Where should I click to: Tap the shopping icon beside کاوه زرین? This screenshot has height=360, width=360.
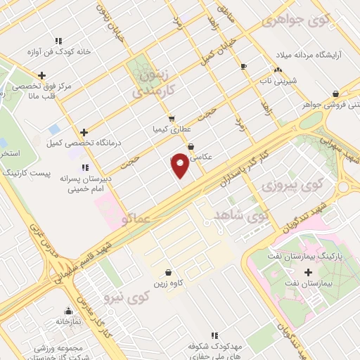[167, 273]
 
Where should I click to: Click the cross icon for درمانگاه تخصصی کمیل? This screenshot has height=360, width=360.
[84, 132]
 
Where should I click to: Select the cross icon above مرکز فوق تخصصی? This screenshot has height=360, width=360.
[42, 75]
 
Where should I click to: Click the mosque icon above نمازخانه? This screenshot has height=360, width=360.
[69, 310]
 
